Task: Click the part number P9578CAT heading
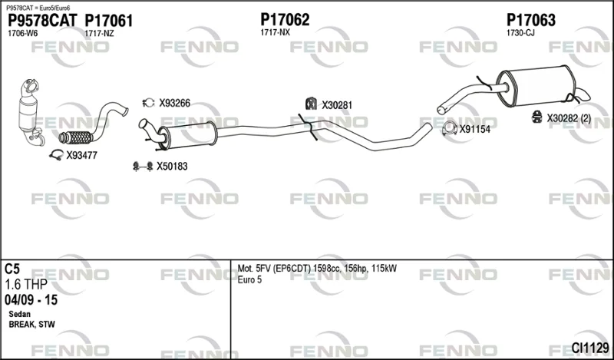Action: coord(43,21)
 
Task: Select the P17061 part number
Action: coord(109,21)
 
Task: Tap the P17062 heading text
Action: coord(285,20)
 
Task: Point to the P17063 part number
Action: coord(531,20)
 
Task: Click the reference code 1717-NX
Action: coord(276,32)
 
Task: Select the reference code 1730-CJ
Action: coord(520,33)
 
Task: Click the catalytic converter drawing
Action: coord(30,113)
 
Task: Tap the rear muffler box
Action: coord(536,86)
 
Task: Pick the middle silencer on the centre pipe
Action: coord(187,135)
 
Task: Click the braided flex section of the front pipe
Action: coord(76,137)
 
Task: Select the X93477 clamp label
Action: coord(81,156)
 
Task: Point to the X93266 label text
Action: coord(174,103)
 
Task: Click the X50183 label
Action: coord(172,167)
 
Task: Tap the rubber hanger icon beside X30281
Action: coord(311,104)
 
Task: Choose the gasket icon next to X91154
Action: coord(450,129)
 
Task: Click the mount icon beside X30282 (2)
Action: coord(536,117)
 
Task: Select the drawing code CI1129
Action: coord(590,348)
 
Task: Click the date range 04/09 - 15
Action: coord(31,300)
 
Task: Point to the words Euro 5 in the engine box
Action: coord(249,280)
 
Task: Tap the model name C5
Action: coord(12,269)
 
